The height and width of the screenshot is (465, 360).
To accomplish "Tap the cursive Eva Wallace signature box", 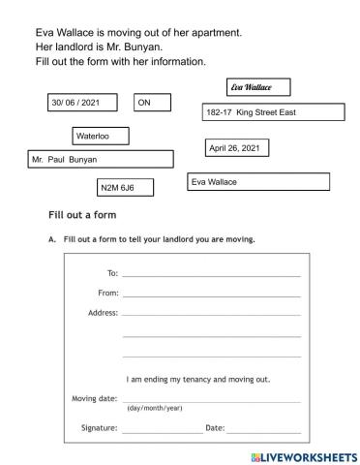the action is point(256,88).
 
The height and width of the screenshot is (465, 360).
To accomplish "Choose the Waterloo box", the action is point(100,137).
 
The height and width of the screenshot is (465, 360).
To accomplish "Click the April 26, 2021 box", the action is point(236,148).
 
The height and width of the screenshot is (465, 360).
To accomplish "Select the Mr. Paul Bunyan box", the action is point(101,159).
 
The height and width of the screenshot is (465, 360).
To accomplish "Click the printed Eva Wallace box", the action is point(257,181).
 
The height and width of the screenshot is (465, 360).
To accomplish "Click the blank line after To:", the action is point(211,275).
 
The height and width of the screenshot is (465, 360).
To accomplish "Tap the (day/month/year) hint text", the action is point(155,408).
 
